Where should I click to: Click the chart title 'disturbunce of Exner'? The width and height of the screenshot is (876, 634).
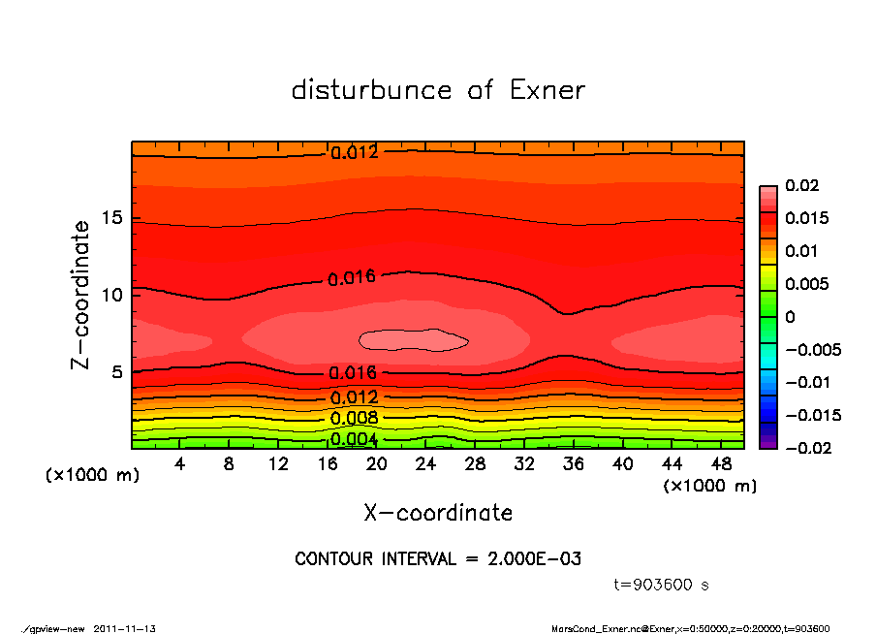[438, 90]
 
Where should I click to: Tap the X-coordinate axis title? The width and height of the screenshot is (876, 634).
[438, 512]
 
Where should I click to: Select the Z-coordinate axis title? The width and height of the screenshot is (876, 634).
[81, 294]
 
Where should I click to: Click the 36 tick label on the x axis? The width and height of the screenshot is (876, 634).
[574, 464]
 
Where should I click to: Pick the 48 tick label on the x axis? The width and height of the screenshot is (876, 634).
[721, 464]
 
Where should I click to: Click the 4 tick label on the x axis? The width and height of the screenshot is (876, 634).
[180, 464]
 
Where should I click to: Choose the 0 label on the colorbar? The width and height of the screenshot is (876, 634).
[790, 317]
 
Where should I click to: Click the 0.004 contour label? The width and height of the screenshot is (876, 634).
[354, 439]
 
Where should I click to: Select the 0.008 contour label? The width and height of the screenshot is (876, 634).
[354, 419]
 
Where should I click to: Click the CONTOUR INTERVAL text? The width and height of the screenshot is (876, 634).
[438, 559]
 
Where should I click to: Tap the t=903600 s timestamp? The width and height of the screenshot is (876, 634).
[662, 586]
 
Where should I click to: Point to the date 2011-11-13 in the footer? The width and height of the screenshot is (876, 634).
[125, 628]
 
